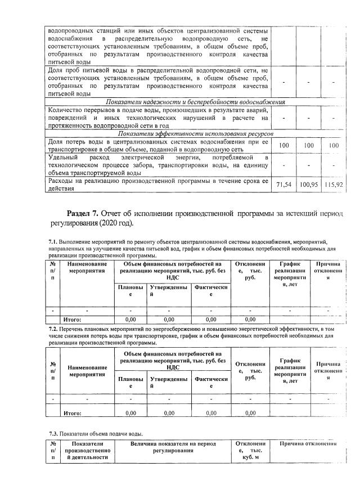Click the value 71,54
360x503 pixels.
[284, 185]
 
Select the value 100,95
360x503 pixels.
[309, 185]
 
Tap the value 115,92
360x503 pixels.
[334, 185]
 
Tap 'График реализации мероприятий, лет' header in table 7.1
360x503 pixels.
[290, 273]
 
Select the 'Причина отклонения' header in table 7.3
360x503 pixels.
[308, 444]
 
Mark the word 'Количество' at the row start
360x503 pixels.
[67, 110]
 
